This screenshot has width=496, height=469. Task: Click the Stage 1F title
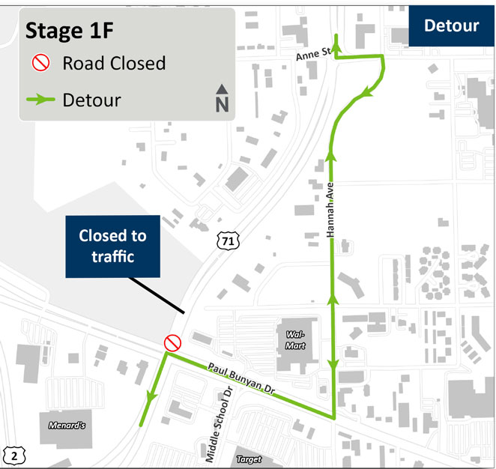pyautogui.click(x=64, y=32)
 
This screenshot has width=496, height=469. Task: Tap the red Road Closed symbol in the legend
pyautogui.click(x=40, y=63)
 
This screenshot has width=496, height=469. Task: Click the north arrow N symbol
pyautogui.click(x=222, y=99)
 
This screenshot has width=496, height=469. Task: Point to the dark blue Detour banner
pyautogui.click(x=451, y=25)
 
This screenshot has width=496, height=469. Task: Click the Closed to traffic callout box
pyautogui.click(x=112, y=246)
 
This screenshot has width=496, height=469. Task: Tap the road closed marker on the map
pyautogui.click(x=172, y=343)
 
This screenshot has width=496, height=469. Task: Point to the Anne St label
pyautogui.click(x=314, y=52)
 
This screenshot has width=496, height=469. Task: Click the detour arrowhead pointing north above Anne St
pyautogui.click(x=336, y=45)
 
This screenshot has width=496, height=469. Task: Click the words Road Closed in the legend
pyautogui.click(x=114, y=63)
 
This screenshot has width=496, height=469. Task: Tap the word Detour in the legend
pyautogui.click(x=92, y=99)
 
